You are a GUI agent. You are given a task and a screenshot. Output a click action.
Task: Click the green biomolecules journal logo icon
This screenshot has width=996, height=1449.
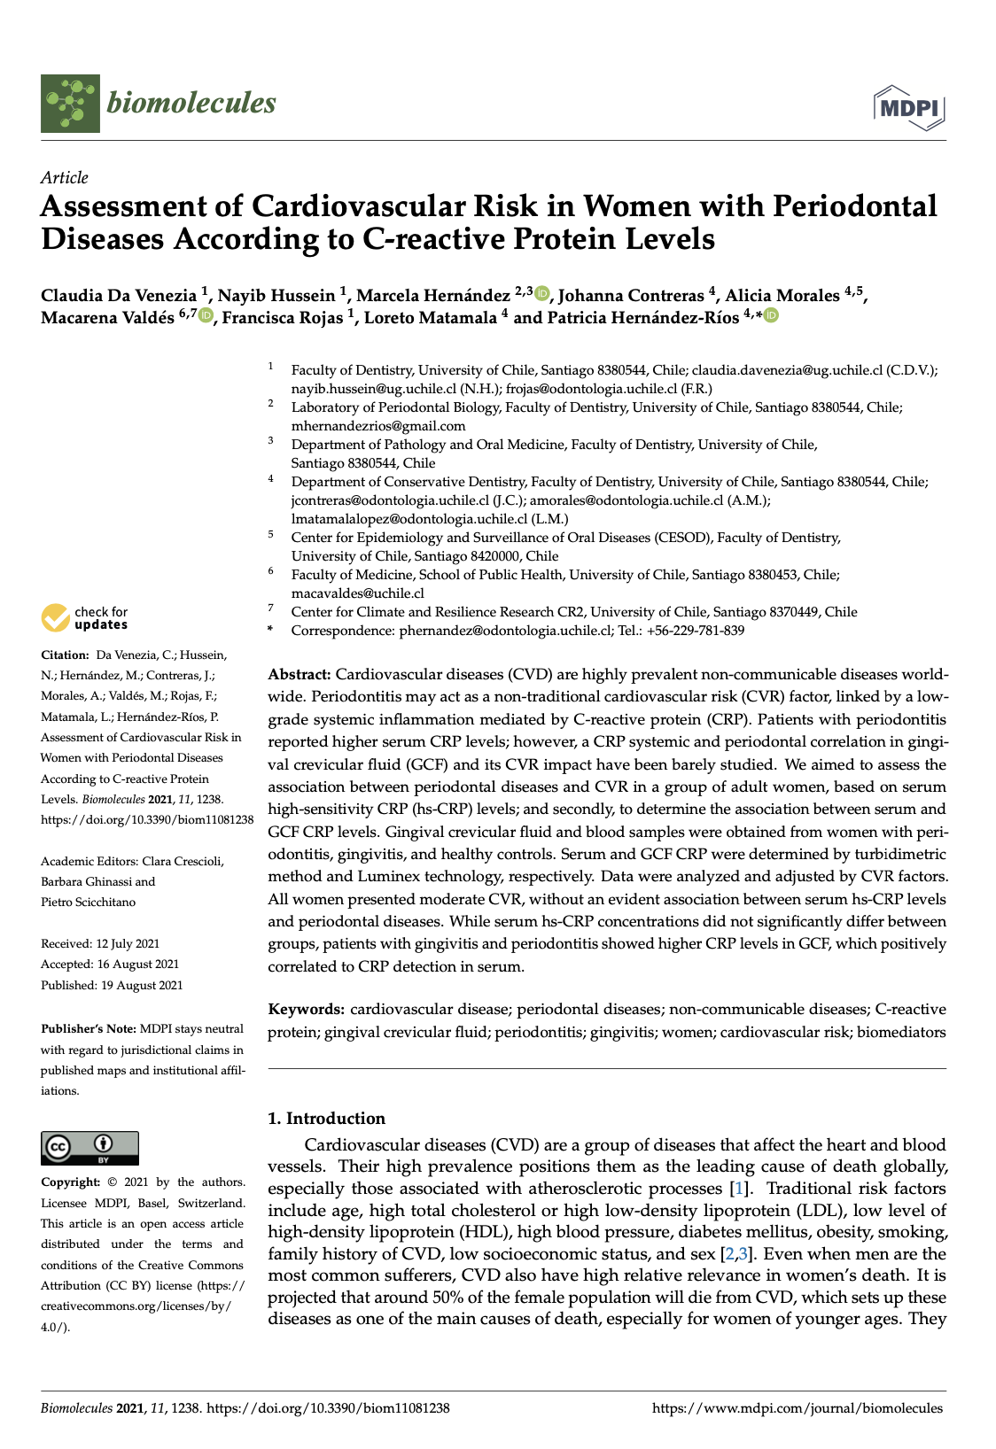[70, 104]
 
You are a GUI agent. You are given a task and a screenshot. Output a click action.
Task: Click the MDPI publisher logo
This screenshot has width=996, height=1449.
[909, 108]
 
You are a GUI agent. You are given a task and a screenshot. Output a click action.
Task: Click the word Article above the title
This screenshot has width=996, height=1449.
[65, 177]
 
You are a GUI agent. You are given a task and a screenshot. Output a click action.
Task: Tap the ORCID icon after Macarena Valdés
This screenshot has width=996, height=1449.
[206, 315]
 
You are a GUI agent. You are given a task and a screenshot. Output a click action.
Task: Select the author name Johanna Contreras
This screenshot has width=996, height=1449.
[631, 296]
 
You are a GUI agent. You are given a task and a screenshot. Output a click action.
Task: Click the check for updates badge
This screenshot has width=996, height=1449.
[85, 617]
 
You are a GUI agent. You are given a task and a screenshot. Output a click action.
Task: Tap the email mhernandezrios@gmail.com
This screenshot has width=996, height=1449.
[378, 426]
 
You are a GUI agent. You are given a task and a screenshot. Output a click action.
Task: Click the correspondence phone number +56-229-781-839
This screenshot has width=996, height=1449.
[695, 631]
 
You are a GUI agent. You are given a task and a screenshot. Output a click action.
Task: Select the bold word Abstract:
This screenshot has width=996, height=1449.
[300, 675]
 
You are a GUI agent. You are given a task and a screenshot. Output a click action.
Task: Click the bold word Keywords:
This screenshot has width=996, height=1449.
[307, 1010]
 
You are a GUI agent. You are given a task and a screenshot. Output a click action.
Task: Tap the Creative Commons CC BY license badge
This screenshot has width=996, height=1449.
[89, 1148]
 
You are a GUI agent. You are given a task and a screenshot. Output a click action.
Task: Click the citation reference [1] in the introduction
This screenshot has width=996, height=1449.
[737, 1189]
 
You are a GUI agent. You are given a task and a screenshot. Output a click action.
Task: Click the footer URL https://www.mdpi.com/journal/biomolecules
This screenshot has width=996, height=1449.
[798, 1408]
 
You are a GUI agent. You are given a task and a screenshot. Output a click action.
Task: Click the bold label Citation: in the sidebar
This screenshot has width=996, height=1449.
[65, 655]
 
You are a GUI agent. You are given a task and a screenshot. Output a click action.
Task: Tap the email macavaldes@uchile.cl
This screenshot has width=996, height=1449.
[357, 593]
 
